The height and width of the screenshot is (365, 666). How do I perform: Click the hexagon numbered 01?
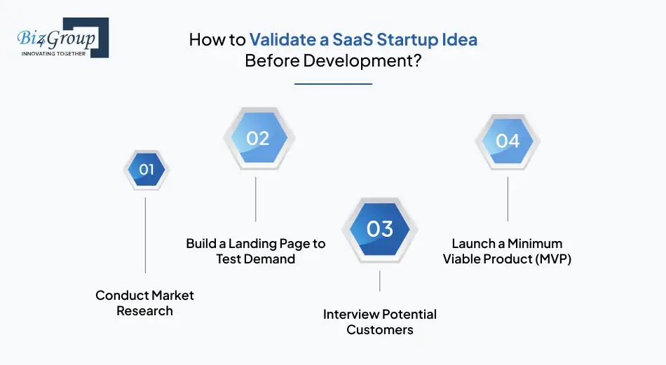point(145,170)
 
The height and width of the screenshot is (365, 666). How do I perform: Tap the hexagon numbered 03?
point(379,229)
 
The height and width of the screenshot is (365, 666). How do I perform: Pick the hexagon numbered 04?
point(507,141)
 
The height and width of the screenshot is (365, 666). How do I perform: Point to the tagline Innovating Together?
point(53,53)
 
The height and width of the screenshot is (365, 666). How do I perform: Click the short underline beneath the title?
point(333,83)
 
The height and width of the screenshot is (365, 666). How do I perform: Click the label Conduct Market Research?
point(144,303)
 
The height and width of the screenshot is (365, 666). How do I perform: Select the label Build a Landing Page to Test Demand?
point(256,252)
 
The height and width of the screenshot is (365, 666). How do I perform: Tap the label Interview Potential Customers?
point(379,322)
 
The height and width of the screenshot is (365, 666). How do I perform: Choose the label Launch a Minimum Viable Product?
point(507,252)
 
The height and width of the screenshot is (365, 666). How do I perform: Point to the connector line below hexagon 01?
point(145,235)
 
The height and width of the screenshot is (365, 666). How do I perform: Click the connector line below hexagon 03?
point(379,281)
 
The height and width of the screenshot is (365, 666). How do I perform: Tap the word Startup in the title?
point(407,39)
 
